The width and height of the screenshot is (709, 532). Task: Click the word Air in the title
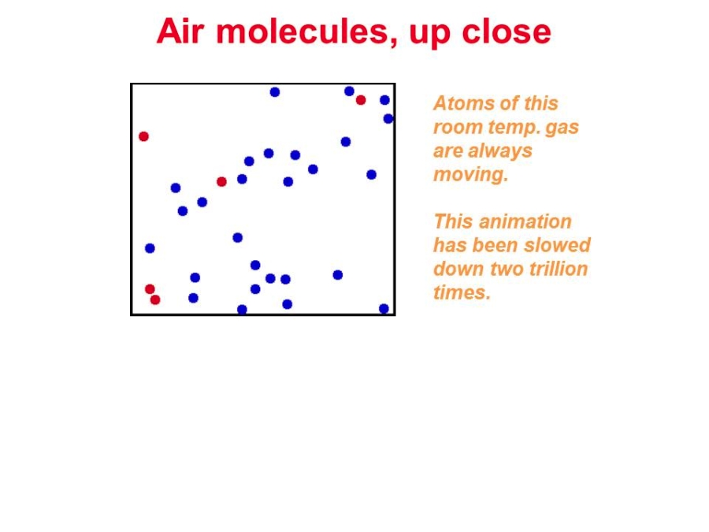coord(180,32)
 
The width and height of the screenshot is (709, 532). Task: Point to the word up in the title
coord(429,35)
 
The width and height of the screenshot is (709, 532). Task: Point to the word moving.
coord(471,175)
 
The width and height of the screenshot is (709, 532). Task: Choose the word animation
coord(525,221)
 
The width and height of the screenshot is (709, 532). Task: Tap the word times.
coord(462,292)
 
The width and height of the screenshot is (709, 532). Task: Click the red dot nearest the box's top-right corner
coord(360,100)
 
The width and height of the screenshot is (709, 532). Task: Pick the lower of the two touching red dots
coord(155,299)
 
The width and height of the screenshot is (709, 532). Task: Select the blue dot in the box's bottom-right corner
coord(384,308)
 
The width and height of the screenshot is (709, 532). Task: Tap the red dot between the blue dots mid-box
coord(221,181)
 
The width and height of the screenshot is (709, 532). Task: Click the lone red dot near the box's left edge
coord(144,136)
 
